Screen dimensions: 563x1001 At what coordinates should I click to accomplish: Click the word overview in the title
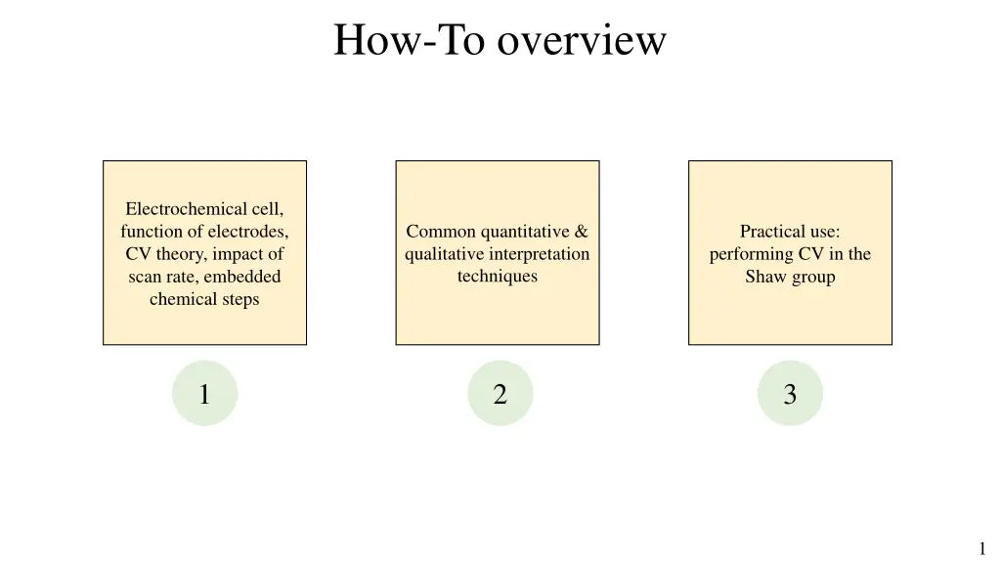tap(582, 41)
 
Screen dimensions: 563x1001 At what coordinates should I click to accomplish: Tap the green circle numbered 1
tap(204, 394)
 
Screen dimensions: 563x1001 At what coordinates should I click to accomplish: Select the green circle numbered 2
tap(500, 394)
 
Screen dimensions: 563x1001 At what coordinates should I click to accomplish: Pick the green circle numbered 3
tap(790, 394)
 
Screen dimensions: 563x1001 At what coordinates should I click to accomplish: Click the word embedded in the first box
tap(242, 277)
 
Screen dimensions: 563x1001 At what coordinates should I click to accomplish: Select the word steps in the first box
tap(239, 299)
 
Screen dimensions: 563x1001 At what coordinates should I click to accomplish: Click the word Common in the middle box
tap(441, 232)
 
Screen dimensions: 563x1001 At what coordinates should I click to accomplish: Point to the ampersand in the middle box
tap(582, 232)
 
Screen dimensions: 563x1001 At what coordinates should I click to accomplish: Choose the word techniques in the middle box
tap(498, 277)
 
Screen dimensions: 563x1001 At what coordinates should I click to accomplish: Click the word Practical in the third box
tap(770, 232)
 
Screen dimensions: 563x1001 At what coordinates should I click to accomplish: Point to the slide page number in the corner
tap(981, 548)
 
